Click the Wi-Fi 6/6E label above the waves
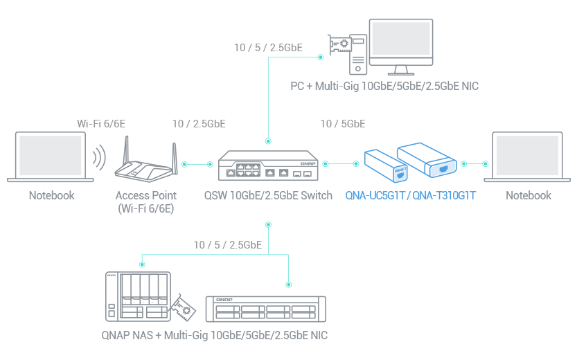click(101, 124)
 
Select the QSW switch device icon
click(267, 167)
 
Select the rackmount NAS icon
click(266, 309)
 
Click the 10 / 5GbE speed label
click(343, 124)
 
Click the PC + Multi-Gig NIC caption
click(384, 87)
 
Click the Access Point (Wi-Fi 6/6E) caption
click(145, 201)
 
